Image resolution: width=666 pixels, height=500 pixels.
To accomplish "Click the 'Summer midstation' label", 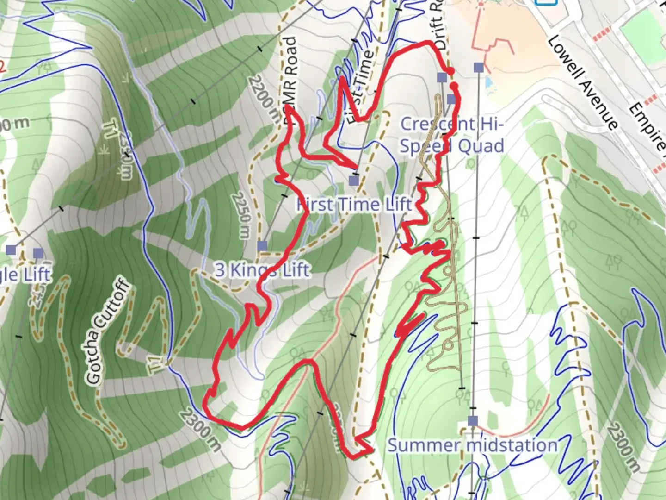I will [472, 445].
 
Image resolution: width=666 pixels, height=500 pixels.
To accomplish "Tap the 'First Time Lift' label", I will [354, 204].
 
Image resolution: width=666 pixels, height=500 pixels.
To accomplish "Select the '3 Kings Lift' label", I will [262, 269].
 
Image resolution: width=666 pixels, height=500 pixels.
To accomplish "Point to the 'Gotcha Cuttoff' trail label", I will [107, 331].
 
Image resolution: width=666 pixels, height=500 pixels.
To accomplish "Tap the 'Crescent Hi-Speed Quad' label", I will [451, 135].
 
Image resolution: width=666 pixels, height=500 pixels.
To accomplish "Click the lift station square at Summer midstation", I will [472, 421].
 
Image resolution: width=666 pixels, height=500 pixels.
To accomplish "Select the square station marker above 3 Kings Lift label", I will [262, 245].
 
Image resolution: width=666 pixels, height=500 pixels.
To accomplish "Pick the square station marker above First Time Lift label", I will [354, 180].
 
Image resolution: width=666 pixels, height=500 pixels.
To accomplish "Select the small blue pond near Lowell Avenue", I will [489, 83].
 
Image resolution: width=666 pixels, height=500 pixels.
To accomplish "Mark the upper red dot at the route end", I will [450, 71].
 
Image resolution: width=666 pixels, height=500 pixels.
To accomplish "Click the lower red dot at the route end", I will [455, 86].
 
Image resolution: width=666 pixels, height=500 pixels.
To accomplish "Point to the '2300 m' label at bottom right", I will [624, 447].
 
